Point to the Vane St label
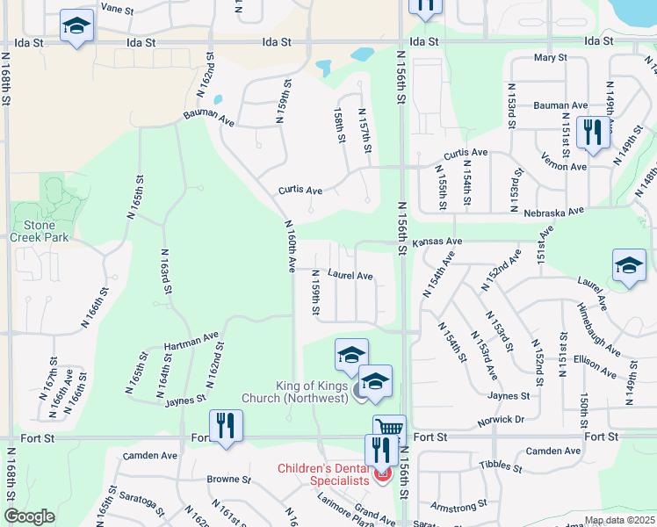pyautogui.click(x=116, y=7)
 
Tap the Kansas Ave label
pyautogui.click(x=437, y=242)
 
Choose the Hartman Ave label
pyautogui.click(x=191, y=342)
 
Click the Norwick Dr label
pyautogui.click(x=502, y=420)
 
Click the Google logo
pyautogui.click(x=28, y=517)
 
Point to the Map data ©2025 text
pyautogui.click(x=619, y=520)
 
